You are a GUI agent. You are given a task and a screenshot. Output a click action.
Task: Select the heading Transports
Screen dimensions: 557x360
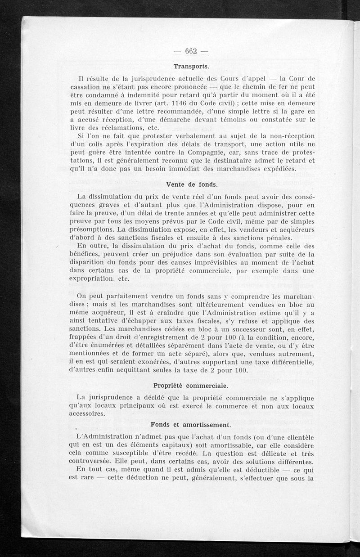(x=191, y=66)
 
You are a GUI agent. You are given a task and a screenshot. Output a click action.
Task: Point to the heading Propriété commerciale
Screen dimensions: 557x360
(x=190, y=386)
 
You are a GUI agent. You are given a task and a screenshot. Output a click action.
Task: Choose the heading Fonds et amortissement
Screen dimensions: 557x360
(x=190, y=424)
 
